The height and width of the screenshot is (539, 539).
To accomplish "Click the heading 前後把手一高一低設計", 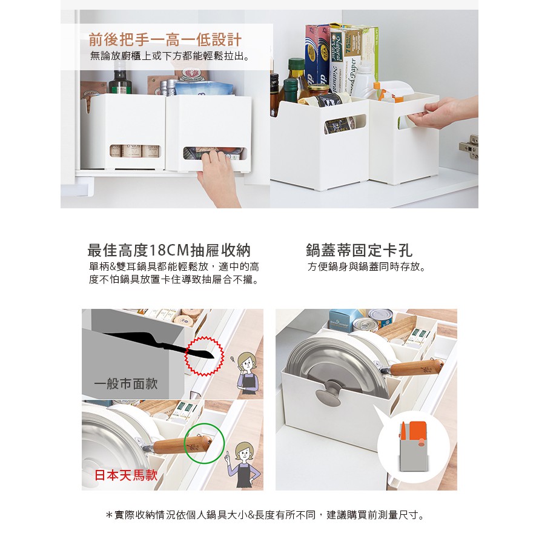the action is (165, 39).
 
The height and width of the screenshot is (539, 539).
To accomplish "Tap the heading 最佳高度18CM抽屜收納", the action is (169, 250).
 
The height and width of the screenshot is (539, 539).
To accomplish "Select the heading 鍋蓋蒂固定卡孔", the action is (359, 250).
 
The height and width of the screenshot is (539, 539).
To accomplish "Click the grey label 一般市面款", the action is (126, 383).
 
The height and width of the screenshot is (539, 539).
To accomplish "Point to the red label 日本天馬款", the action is (126, 475).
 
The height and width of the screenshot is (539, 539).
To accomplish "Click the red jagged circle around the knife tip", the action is (204, 357).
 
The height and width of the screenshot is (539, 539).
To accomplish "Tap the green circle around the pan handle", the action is (204, 443).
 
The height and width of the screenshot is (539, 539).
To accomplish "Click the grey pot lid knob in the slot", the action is (329, 393).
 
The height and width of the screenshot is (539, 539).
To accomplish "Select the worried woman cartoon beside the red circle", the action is (246, 373).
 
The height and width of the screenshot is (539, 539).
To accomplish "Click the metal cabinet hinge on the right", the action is (469, 147).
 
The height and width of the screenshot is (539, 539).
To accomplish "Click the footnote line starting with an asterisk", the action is (265, 515).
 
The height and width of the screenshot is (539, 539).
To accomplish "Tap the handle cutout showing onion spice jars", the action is (135, 151).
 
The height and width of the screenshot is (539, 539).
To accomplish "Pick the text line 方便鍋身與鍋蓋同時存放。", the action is (367, 266).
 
